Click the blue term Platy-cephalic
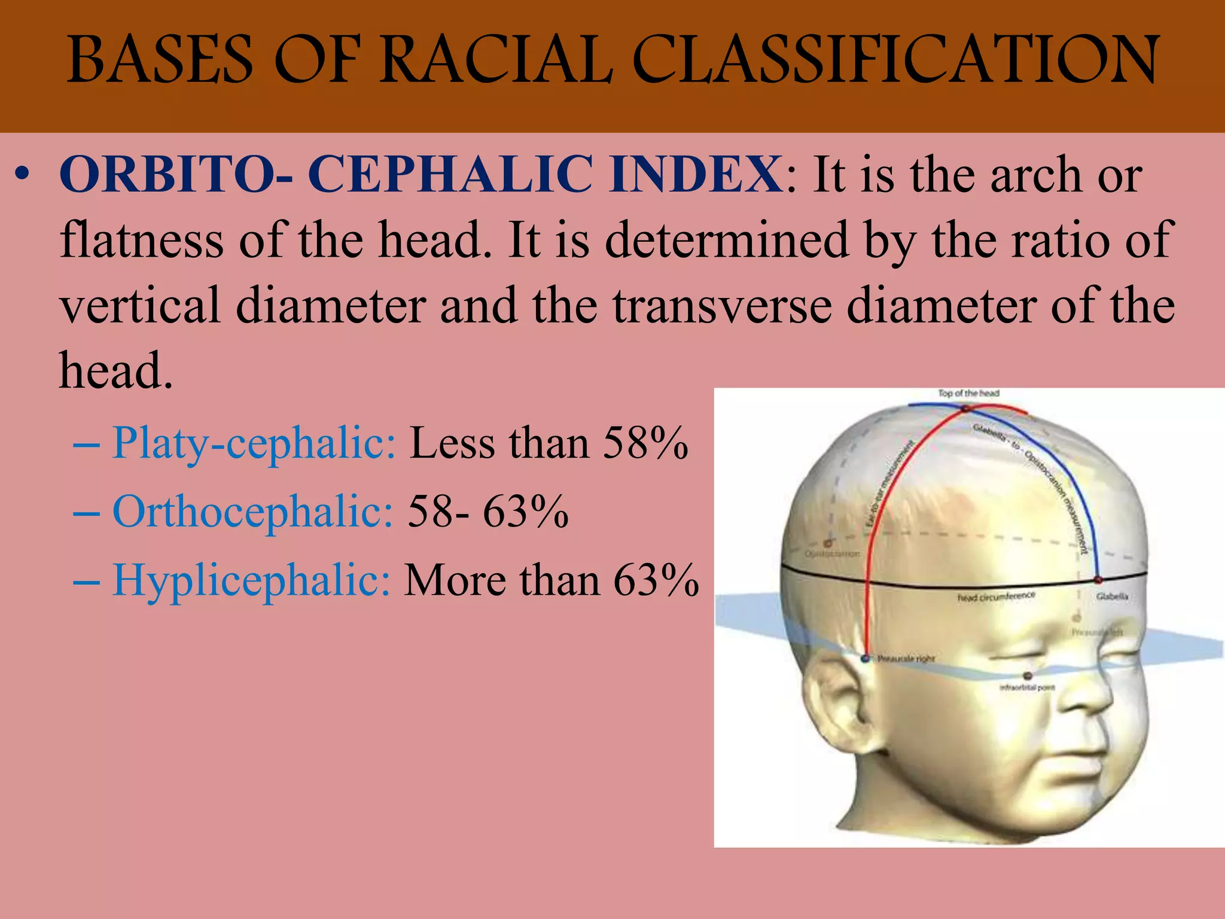tap(254, 443)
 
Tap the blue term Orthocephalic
tap(252, 512)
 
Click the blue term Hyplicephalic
tap(251, 580)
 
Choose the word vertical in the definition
tap(140, 306)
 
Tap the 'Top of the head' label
tap(968, 393)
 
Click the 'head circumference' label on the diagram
tap(996, 597)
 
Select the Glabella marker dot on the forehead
tap(1098, 580)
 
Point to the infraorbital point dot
tap(1028, 676)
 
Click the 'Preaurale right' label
tap(906, 659)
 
